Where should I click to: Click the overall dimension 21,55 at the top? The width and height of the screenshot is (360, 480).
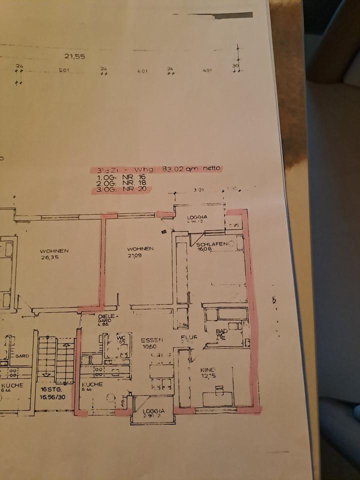74,56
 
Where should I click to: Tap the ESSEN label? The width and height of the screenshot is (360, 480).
148,339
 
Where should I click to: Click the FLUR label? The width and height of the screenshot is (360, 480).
190,337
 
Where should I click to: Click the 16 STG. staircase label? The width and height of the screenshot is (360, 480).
51,388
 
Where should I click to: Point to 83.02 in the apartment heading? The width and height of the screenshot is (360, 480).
174,169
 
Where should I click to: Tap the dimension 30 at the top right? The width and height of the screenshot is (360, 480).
235,65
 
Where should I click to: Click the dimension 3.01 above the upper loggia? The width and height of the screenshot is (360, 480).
199,189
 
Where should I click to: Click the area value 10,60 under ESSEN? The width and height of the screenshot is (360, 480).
148,346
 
